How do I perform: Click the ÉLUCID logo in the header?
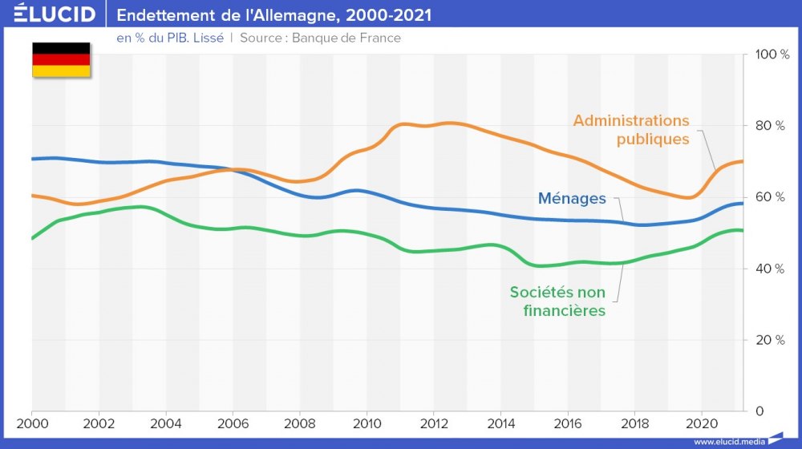(55, 14)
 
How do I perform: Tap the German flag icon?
(61, 60)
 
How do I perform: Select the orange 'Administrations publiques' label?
(631, 130)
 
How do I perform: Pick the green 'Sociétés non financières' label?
(557, 301)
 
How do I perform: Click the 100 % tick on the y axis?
(772, 55)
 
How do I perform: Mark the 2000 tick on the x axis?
(31, 423)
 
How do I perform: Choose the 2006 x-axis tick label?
(233, 423)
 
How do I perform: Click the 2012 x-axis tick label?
(434, 423)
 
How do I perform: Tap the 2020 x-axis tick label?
(702, 423)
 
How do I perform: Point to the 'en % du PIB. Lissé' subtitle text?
(170, 38)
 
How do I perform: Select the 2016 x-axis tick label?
(568, 423)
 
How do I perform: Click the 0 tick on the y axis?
(759, 411)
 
